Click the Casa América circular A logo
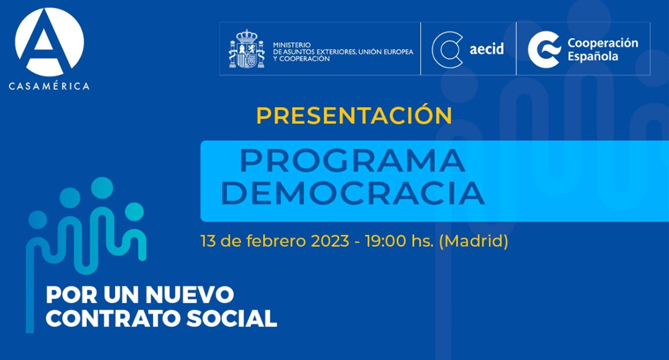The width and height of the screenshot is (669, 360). point(50,41)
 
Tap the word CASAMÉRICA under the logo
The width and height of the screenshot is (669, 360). point(50,86)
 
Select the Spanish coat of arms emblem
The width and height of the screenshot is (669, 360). point(242,50)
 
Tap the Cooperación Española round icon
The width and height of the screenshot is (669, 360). point(543,49)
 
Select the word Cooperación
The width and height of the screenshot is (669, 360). point(602,43)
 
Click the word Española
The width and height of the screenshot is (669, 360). point(593,56)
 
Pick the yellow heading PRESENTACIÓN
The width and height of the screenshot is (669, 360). point(354,115)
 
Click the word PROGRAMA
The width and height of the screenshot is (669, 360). point(352,161)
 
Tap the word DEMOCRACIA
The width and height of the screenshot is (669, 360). point(352,193)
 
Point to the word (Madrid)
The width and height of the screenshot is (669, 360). point(473,242)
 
